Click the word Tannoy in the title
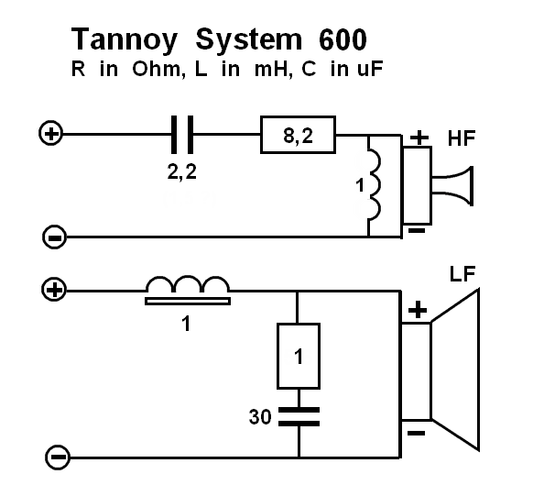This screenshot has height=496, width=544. pos(125,40)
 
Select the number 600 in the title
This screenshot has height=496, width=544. pos(343,39)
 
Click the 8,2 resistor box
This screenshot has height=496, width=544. pos(298,135)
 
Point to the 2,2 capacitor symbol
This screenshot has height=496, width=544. pos(182,135)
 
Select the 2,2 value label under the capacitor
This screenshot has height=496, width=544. pos(182,172)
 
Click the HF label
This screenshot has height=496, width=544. pos(462,138)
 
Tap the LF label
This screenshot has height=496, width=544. pos(462,274)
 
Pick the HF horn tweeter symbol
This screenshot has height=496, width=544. pos(438,186)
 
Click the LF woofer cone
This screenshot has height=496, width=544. pos(455,370)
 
